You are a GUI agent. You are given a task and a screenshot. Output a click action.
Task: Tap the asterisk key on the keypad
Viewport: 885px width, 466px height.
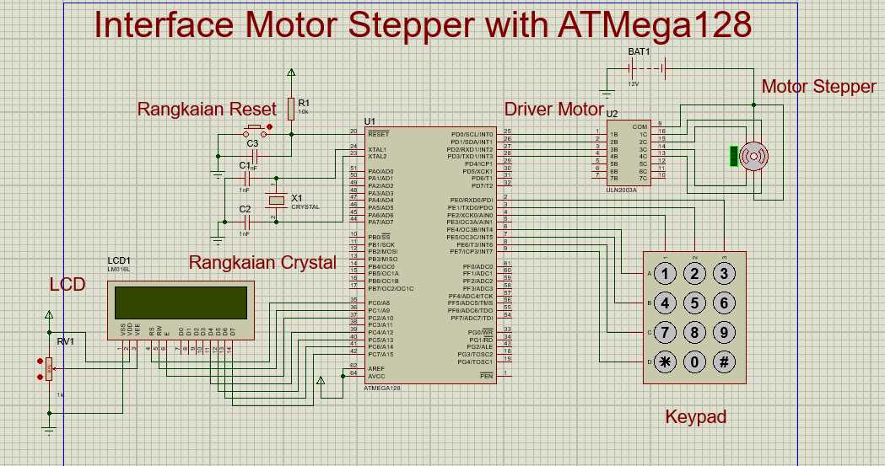pos(666,362)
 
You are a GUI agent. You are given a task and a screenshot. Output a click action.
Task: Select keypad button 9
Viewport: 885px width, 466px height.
pos(723,333)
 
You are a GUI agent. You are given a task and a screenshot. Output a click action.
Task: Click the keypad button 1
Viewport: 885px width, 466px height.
pos(666,274)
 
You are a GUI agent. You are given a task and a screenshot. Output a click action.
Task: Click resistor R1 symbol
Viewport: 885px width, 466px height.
pos(291,108)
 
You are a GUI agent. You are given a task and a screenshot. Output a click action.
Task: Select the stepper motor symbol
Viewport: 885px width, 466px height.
pos(753,156)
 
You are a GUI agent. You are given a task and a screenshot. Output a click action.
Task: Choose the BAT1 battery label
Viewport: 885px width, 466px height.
pos(639,51)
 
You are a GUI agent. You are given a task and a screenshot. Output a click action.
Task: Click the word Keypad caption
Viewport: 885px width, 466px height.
pos(695,416)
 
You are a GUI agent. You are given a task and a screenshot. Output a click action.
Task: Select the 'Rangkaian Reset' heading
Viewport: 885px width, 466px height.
pos(207,109)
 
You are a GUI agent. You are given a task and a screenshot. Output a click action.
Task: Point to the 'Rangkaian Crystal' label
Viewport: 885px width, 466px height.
pos(262,262)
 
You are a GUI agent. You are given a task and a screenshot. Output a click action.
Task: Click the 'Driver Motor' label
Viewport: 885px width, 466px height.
pos(553,109)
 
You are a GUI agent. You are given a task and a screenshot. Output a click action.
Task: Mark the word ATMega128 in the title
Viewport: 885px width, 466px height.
pos(654,25)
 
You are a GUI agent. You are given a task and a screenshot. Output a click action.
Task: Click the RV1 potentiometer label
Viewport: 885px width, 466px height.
pos(65,342)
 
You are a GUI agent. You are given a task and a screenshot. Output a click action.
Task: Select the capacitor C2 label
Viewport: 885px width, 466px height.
pos(245,209)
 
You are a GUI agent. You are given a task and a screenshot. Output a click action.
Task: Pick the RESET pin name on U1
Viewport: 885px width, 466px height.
pos(378,134)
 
